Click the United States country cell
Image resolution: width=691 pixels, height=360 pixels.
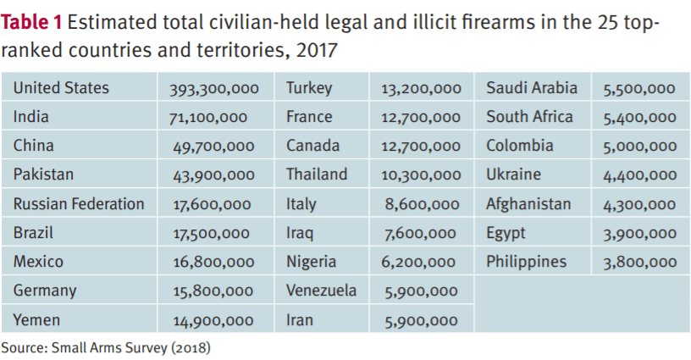(x=61, y=88)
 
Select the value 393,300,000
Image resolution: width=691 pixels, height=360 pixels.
(x=216, y=89)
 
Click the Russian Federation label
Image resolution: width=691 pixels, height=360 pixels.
(x=79, y=204)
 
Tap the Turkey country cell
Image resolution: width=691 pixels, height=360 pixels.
(x=309, y=88)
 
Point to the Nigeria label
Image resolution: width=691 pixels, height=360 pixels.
(x=312, y=262)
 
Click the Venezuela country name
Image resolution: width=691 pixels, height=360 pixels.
(x=321, y=291)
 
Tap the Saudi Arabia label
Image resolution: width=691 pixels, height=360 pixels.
(x=532, y=88)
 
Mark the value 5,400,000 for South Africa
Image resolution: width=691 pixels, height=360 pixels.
(x=639, y=118)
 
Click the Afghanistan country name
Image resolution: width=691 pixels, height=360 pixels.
(x=528, y=204)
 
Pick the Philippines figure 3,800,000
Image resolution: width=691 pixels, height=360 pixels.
(x=639, y=263)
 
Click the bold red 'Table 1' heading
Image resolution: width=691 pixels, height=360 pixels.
(x=37, y=23)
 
